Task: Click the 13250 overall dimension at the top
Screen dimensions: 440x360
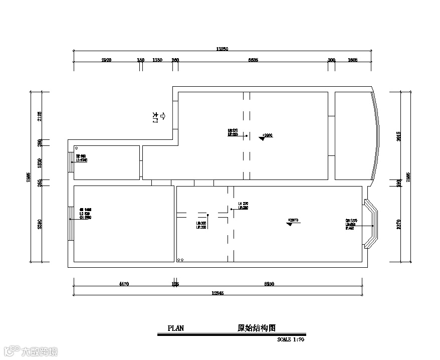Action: (x=222, y=49)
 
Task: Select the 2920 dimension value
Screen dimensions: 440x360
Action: (x=106, y=60)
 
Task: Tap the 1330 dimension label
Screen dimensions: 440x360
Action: (x=157, y=60)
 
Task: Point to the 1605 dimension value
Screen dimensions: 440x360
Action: (x=352, y=60)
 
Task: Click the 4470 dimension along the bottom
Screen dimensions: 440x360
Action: (x=124, y=284)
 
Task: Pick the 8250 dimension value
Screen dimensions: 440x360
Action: (x=269, y=284)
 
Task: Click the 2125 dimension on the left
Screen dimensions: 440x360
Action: (x=40, y=117)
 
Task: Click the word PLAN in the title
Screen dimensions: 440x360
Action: (x=176, y=329)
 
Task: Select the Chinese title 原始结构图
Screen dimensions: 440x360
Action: (x=257, y=328)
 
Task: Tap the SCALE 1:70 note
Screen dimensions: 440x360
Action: (x=291, y=339)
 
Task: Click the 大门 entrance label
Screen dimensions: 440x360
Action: (x=154, y=118)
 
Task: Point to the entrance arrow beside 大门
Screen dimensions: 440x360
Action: (x=162, y=117)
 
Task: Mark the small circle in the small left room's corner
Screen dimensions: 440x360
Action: (x=76, y=148)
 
